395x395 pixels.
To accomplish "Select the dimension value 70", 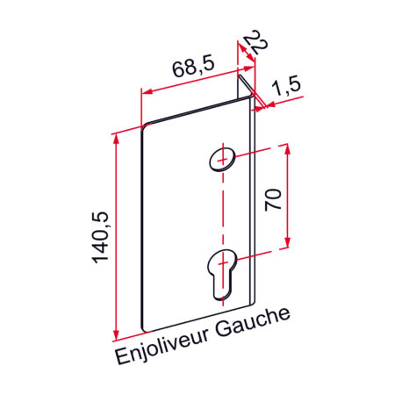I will pos(273,197).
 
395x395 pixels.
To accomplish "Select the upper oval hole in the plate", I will pos(223,159).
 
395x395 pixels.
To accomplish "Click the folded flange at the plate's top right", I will pos(247,93).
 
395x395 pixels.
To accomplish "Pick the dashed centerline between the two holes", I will pos(223,211).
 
